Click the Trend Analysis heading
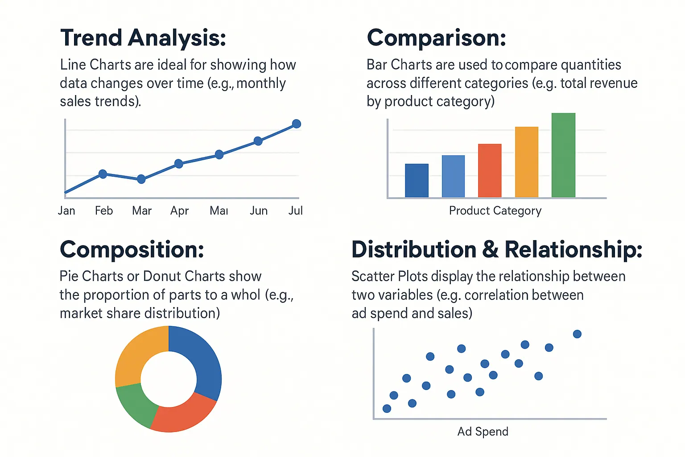click(x=143, y=37)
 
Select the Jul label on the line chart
click(x=295, y=211)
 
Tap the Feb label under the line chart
click(x=104, y=211)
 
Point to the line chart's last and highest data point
click(x=297, y=124)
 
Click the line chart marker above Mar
click(x=141, y=179)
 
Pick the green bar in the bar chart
click(x=563, y=155)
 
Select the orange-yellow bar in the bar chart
click(x=527, y=162)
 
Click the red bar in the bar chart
click(x=490, y=170)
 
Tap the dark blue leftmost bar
click(x=417, y=180)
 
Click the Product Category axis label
click(x=495, y=211)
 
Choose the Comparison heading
click(x=437, y=37)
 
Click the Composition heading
click(x=132, y=249)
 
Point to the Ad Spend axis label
click(x=483, y=432)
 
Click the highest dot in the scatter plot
click(x=577, y=334)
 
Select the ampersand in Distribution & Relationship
click(x=491, y=249)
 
